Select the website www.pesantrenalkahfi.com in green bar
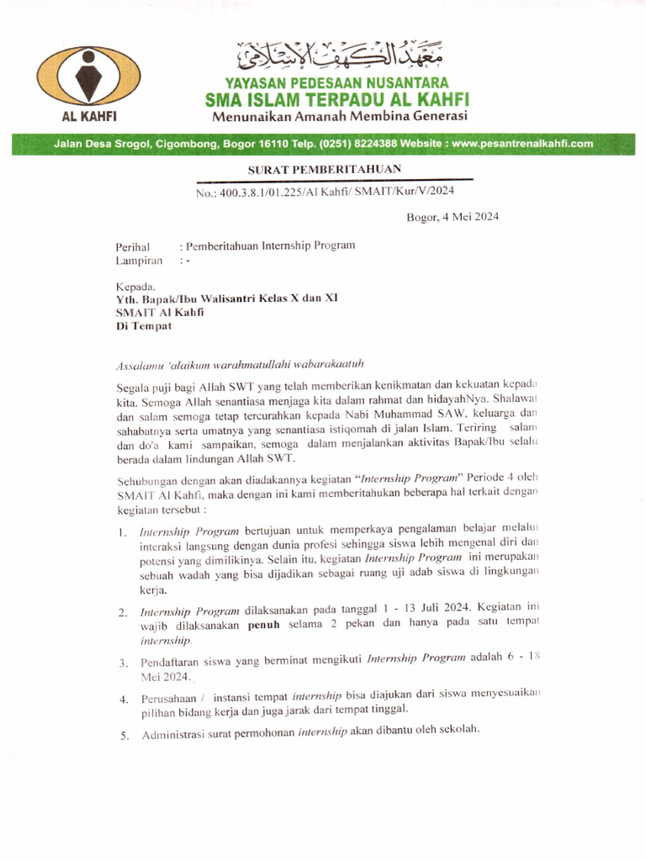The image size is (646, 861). click(522, 144)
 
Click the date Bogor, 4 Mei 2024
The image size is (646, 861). click(453, 217)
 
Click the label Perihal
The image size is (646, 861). click(133, 246)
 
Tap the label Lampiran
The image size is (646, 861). click(139, 261)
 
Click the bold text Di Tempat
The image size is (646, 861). click(143, 325)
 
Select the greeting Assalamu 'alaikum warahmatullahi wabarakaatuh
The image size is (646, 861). click(240, 364)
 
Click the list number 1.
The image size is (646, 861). click(122, 532)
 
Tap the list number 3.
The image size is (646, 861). click(122, 663)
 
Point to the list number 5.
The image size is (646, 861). click(123, 736)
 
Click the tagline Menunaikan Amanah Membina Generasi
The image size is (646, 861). click(339, 116)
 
